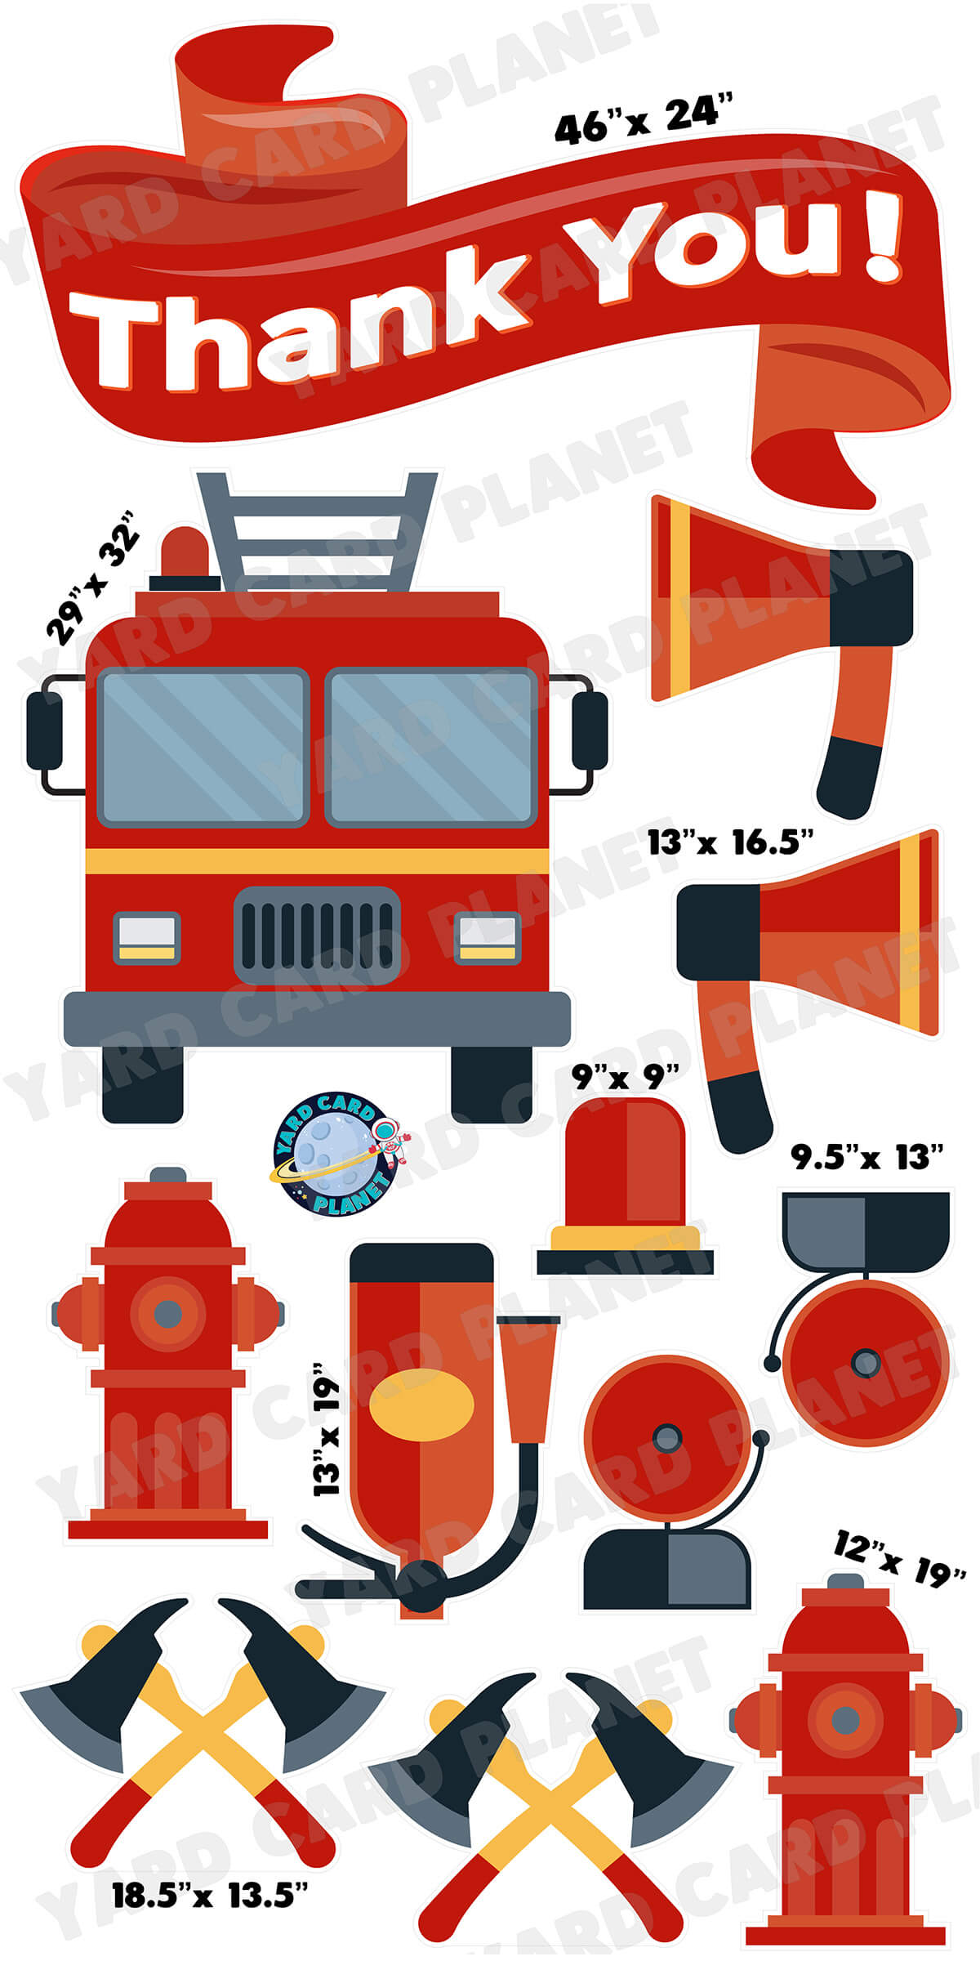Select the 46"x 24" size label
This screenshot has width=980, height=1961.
pos(644,120)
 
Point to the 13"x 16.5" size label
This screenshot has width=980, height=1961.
pos(730,842)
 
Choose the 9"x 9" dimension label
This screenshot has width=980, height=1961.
pos(625,1076)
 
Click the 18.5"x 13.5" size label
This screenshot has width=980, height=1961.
pos(210,1895)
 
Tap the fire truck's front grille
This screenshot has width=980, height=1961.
pos(317,936)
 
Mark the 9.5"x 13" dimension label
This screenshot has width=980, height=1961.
pos(866,1157)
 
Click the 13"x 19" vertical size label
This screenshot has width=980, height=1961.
pos(327,1429)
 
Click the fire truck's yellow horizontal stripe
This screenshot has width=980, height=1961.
pos(317,860)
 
